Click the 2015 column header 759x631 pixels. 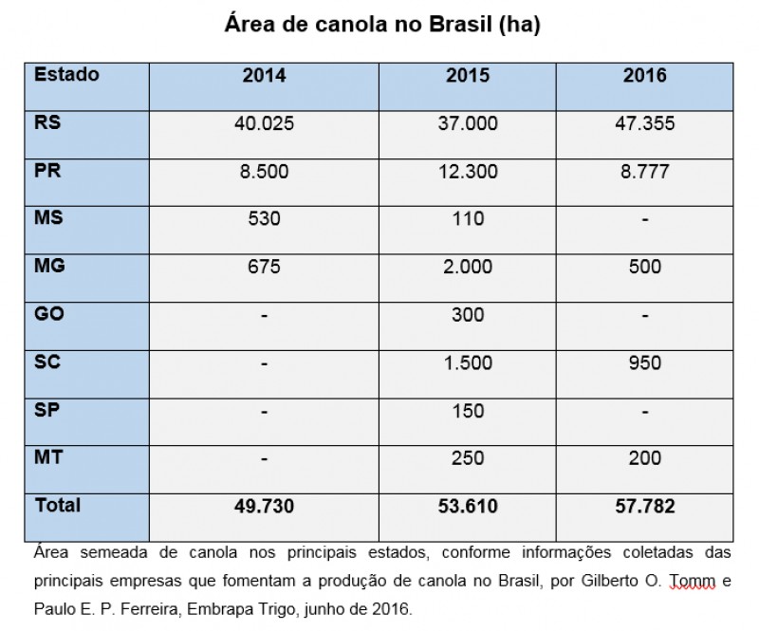pyautogui.click(x=467, y=76)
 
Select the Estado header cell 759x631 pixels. pyautogui.click(x=66, y=74)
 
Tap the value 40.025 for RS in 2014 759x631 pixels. pyautogui.click(x=264, y=124)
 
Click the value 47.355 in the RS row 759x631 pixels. pyautogui.click(x=644, y=124)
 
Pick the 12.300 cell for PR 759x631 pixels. pyautogui.click(x=467, y=172)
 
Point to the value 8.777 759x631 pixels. pyautogui.click(x=644, y=172)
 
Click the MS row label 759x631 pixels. pyautogui.click(x=49, y=217)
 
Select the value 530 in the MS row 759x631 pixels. pyautogui.click(x=264, y=219)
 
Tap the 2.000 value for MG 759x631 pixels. pyautogui.click(x=467, y=268)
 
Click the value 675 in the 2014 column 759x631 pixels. pyautogui.click(x=264, y=268)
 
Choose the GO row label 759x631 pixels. pyautogui.click(x=49, y=313)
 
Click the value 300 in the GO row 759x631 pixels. pyautogui.click(x=467, y=315)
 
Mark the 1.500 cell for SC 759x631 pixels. pyautogui.click(x=467, y=363)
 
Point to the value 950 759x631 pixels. pyautogui.click(x=644, y=363)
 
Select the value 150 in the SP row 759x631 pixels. pyautogui.click(x=467, y=411)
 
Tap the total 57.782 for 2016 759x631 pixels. pyautogui.click(x=644, y=507)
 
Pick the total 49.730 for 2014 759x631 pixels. pyautogui.click(x=264, y=507)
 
